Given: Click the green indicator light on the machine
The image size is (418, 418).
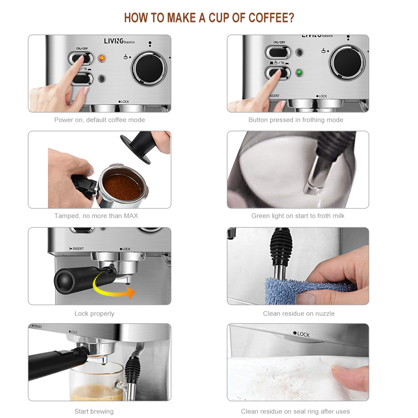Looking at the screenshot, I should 300,72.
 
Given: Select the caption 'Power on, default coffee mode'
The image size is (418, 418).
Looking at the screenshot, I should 99,120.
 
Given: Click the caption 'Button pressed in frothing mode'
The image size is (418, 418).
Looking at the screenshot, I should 296,120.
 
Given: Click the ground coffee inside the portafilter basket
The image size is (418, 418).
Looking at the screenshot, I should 122,187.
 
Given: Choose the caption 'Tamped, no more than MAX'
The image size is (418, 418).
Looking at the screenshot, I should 96,216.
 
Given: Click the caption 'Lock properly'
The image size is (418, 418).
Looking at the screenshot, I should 94,313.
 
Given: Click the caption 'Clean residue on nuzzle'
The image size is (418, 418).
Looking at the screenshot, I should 299,313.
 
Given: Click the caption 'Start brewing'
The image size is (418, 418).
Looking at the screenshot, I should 94,411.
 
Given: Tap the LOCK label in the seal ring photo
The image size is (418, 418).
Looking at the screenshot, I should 302,334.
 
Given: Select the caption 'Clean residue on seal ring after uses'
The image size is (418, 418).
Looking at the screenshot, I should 295,411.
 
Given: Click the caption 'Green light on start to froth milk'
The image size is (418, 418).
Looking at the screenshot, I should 298,216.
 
